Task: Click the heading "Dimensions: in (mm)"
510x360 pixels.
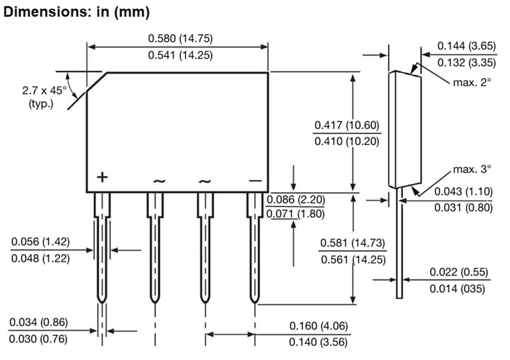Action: (x=76, y=12)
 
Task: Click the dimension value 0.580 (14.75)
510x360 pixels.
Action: (x=176, y=39)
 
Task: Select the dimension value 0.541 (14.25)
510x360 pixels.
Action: (x=176, y=56)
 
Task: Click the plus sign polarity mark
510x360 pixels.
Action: (x=102, y=177)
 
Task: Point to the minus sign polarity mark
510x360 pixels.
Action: (x=255, y=180)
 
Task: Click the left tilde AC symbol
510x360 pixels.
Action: (x=159, y=181)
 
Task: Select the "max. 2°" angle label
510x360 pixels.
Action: (x=471, y=82)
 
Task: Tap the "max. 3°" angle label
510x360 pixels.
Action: (x=471, y=169)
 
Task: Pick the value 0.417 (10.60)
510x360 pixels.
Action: (x=347, y=125)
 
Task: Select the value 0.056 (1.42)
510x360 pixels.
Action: (x=40, y=242)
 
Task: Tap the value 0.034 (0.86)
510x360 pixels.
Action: (x=39, y=322)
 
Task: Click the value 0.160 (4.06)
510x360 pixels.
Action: (x=318, y=326)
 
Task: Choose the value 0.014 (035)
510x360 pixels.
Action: (x=457, y=289)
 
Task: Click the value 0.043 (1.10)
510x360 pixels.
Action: (x=464, y=191)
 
